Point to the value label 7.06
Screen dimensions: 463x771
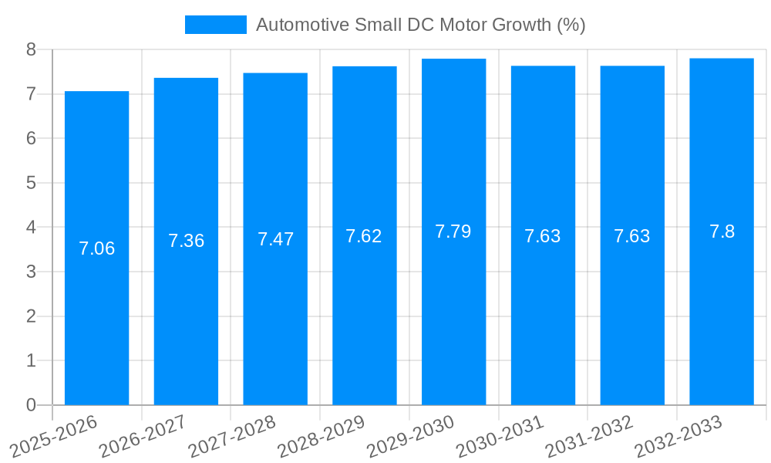click(97, 248)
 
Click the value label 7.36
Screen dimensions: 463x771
click(187, 241)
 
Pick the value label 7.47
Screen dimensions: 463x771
click(275, 239)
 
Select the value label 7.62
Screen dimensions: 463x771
click(364, 236)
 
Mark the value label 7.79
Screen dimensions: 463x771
click(453, 231)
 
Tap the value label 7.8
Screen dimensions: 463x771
click(722, 231)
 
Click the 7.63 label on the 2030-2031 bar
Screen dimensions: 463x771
click(543, 236)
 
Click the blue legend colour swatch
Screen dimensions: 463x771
click(215, 25)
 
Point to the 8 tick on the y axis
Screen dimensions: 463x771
click(32, 49)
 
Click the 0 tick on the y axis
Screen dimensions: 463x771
click(32, 405)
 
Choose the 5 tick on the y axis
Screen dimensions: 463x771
click(32, 183)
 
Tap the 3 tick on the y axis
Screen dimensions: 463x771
click(32, 272)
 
